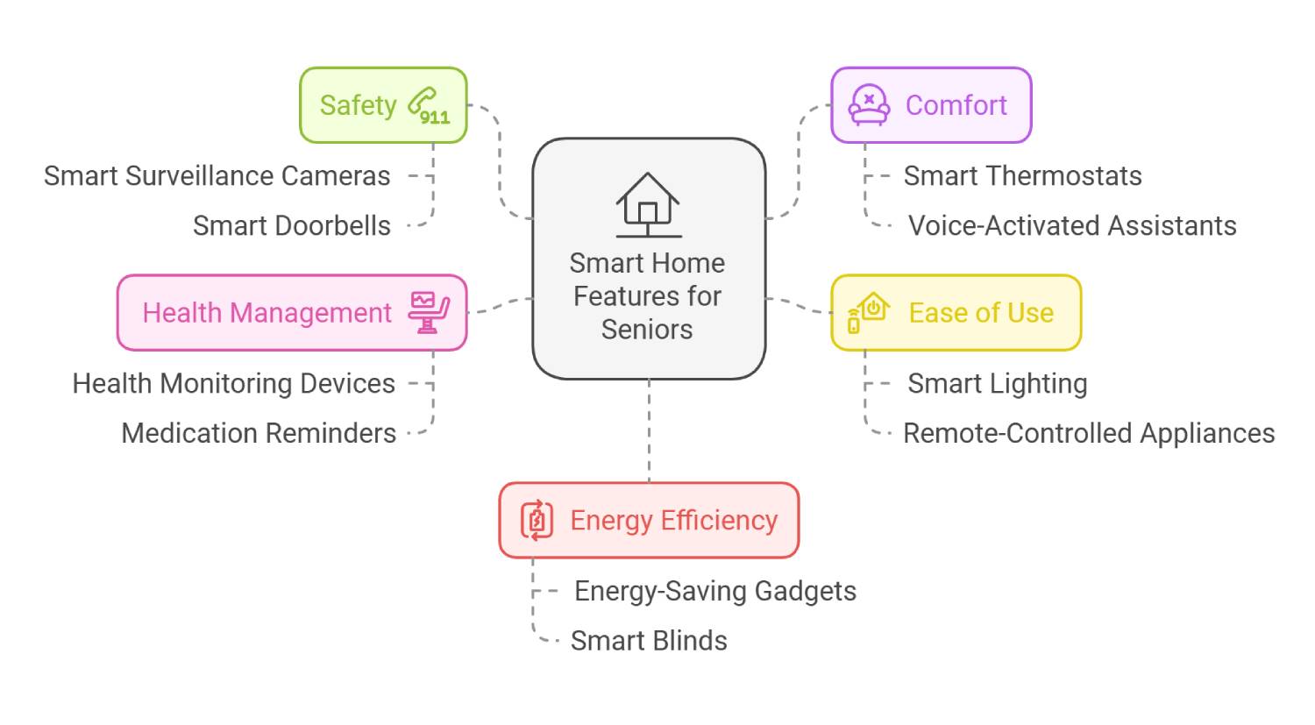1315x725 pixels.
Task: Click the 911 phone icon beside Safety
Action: pyautogui.click(x=428, y=106)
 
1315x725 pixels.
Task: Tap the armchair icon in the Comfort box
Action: pyautogui.click(x=868, y=105)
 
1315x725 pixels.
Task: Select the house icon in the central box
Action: pyautogui.click(x=648, y=204)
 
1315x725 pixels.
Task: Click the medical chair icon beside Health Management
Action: pyautogui.click(x=429, y=313)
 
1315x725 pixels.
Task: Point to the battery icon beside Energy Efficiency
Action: pyautogui.click(x=537, y=520)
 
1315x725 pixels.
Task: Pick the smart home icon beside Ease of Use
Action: pyautogui.click(x=868, y=313)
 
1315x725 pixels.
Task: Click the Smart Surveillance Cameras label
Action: pyautogui.click(x=217, y=176)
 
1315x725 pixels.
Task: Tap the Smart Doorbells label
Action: pyautogui.click(x=292, y=226)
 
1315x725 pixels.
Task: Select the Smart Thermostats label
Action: pyautogui.click(x=1022, y=176)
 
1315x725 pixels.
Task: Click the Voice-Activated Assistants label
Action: pyautogui.click(x=1072, y=226)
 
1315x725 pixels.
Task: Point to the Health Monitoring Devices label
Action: pyautogui.click(x=234, y=384)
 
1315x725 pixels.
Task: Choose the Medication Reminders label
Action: pyautogui.click(x=259, y=434)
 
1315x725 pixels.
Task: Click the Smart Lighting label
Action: pyautogui.click(x=998, y=384)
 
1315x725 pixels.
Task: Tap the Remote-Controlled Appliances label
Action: pyautogui.click(x=1089, y=434)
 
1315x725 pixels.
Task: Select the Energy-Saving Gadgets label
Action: pyautogui.click(x=715, y=592)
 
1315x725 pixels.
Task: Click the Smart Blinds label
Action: pyautogui.click(x=649, y=642)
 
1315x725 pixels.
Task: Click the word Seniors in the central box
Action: pyautogui.click(x=647, y=330)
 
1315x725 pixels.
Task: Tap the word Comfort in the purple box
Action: pyautogui.click(x=956, y=105)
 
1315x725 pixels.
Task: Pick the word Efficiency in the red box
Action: pyautogui.click(x=719, y=521)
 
